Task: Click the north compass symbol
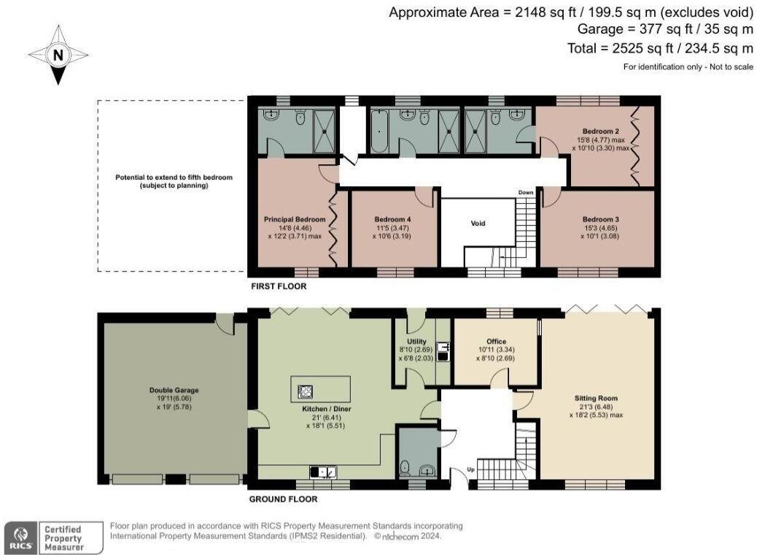click(x=57, y=55)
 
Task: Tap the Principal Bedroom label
click(x=294, y=218)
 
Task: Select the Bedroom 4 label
click(x=392, y=218)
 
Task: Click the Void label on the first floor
click(x=478, y=223)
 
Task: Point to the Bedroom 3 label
click(x=600, y=218)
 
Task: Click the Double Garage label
click(x=173, y=391)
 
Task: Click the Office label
click(x=496, y=341)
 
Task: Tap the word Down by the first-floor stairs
click(x=526, y=193)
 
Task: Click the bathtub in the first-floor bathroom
click(x=379, y=132)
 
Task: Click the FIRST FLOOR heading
click(x=278, y=286)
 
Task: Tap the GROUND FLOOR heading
click(x=284, y=499)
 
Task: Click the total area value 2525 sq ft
click(x=660, y=48)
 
